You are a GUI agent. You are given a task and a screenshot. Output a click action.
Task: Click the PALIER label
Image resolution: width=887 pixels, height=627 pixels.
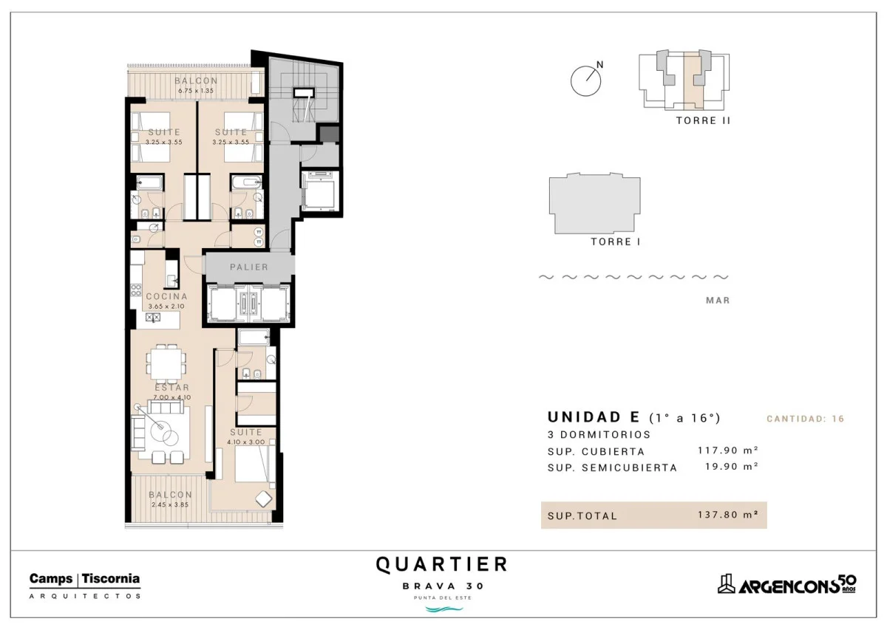point(249,267)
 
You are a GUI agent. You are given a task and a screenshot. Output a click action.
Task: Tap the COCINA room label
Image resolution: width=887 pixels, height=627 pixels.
point(167,297)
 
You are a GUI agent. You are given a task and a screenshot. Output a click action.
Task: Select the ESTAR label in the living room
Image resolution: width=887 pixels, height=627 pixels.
point(172,388)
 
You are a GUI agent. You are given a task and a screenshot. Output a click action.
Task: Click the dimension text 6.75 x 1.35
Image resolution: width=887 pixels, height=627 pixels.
point(196,91)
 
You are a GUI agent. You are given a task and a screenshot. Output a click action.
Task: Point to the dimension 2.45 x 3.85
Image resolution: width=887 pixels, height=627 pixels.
point(170,504)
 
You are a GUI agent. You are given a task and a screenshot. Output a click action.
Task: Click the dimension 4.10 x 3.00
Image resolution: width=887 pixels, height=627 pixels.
point(246,442)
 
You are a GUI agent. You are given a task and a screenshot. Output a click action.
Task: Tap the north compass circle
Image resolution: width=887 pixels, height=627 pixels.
point(585,81)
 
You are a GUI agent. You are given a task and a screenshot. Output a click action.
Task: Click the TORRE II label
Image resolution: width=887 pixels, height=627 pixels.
point(703,120)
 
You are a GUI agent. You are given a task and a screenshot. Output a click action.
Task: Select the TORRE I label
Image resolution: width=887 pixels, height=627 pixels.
point(615,241)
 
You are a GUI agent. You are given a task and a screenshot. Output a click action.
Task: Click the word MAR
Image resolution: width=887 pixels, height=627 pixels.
point(718,301)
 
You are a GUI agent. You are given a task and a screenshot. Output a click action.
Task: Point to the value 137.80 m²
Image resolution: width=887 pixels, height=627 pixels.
point(728,515)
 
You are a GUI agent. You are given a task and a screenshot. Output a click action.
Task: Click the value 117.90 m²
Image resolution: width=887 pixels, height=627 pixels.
point(728,450)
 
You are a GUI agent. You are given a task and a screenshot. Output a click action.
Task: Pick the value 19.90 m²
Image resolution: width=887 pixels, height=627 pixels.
point(731,467)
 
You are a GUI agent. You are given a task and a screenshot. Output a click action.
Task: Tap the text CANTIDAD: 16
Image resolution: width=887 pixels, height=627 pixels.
point(806,419)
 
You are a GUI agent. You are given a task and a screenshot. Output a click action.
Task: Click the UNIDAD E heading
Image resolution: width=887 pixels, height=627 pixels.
point(594,417)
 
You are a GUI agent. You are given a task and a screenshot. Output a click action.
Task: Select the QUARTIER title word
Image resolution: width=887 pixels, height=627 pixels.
point(441,565)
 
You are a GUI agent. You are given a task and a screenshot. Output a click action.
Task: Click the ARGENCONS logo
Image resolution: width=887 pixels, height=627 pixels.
point(786,585)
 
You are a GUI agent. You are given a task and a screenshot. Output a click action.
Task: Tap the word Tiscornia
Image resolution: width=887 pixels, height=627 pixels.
point(111,579)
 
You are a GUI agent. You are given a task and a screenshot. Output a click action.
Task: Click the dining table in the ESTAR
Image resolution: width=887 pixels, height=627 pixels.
point(166,364)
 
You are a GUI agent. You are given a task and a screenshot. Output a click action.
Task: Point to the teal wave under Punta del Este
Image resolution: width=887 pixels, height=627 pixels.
point(443,609)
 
